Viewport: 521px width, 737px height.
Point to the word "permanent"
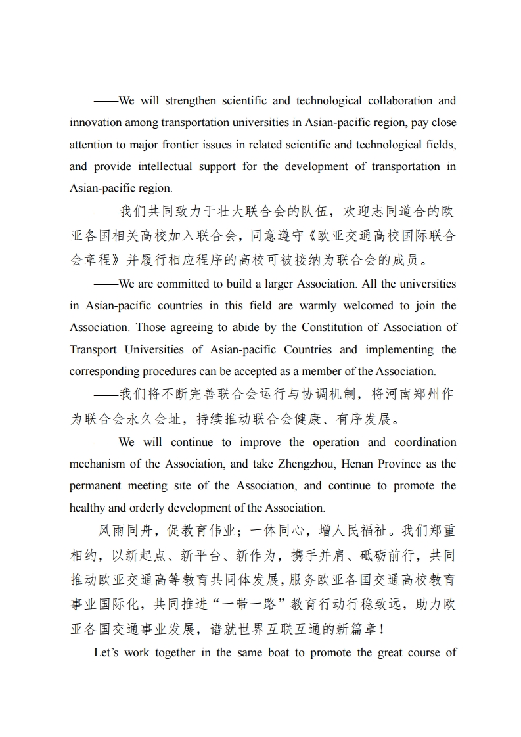click(96, 485)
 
